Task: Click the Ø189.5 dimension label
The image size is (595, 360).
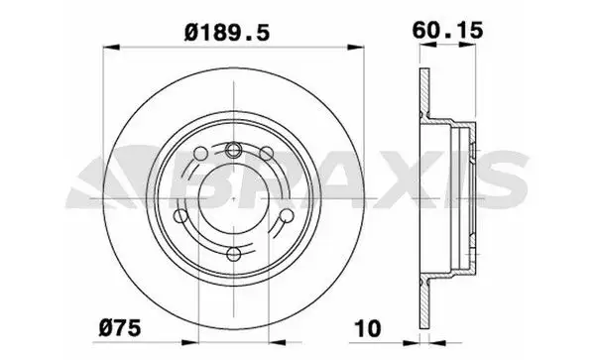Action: point(227,33)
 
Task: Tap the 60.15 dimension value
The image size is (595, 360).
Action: point(448,31)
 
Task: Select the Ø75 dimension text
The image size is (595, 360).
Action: point(120,327)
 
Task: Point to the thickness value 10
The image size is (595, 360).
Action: point(368,328)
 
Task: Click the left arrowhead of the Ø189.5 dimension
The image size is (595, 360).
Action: point(111,48)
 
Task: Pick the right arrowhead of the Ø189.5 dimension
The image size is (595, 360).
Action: point(356,48)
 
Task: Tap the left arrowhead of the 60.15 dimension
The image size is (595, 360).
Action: point(427,45)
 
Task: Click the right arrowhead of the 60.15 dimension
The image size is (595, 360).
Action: point(467,45)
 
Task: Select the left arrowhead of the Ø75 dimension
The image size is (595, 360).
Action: point(190,342)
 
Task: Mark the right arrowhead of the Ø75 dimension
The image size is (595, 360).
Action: point(277,342)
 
